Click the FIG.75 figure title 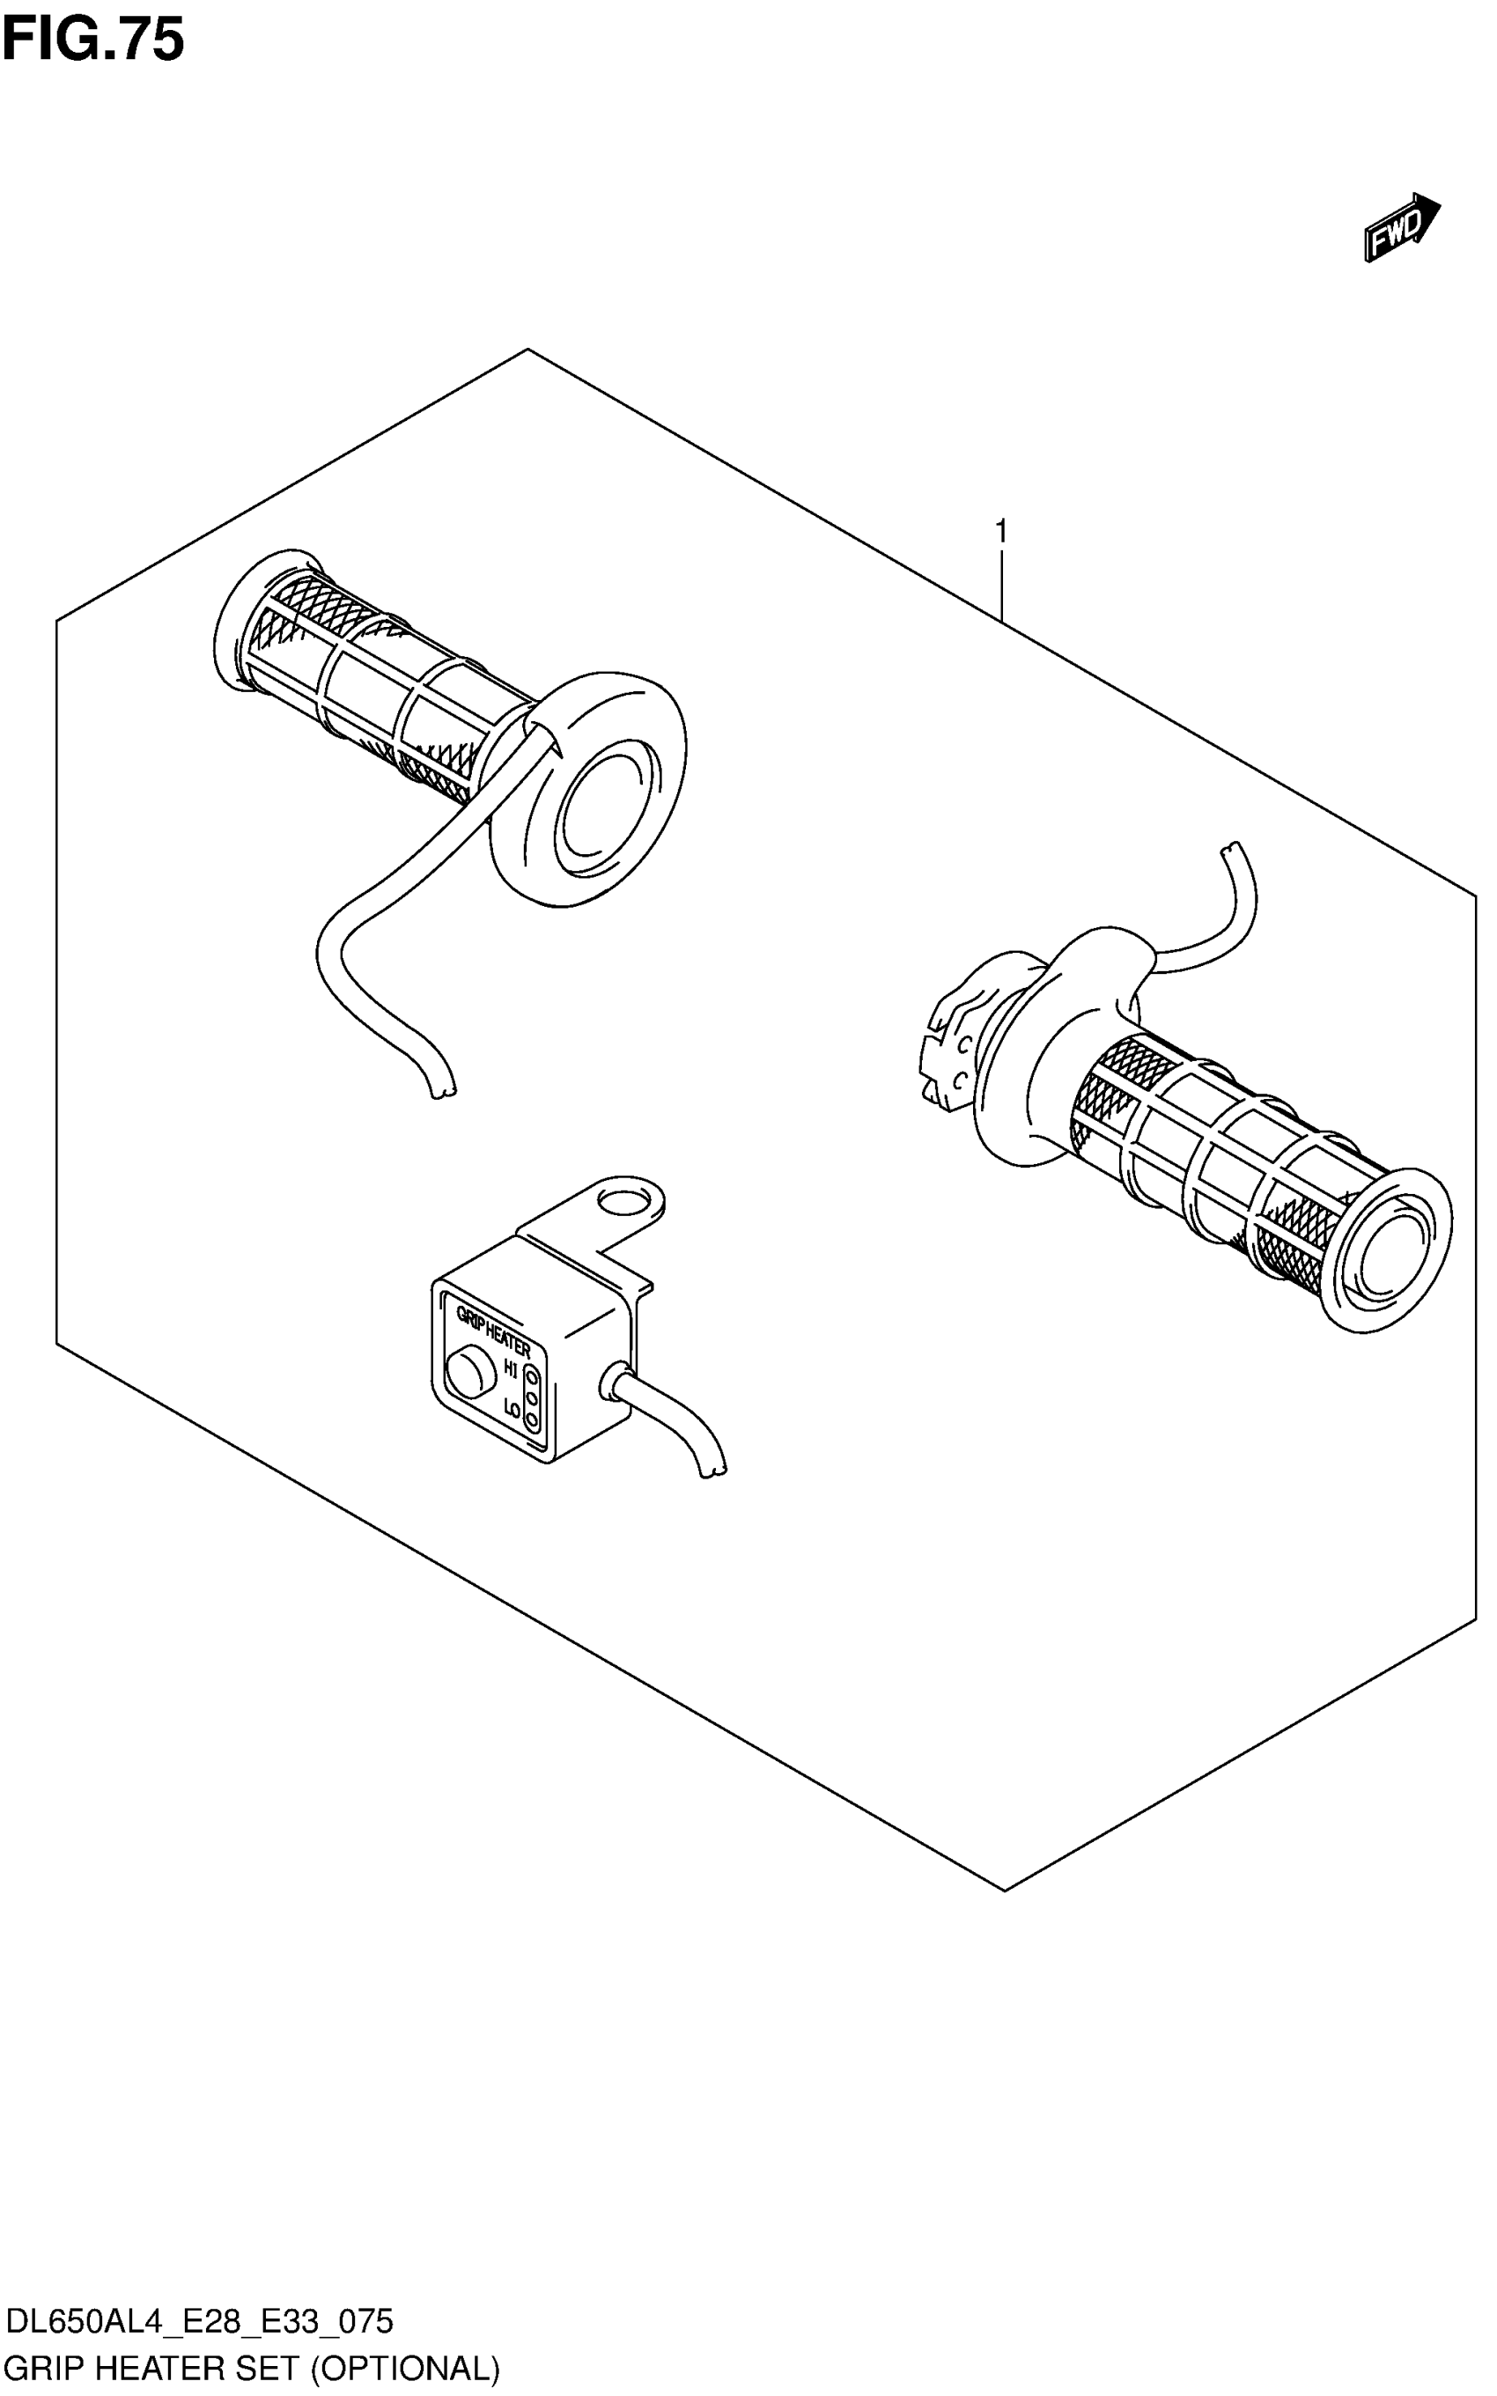[93, 40]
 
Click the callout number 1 [1001, 532]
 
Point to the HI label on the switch [511, 1369]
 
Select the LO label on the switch [512, 1407]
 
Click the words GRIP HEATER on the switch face [492, 1331]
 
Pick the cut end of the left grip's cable [441, 1093]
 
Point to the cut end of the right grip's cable [1231, 849]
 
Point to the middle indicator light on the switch [532, 1398]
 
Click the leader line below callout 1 [1001, 584]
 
